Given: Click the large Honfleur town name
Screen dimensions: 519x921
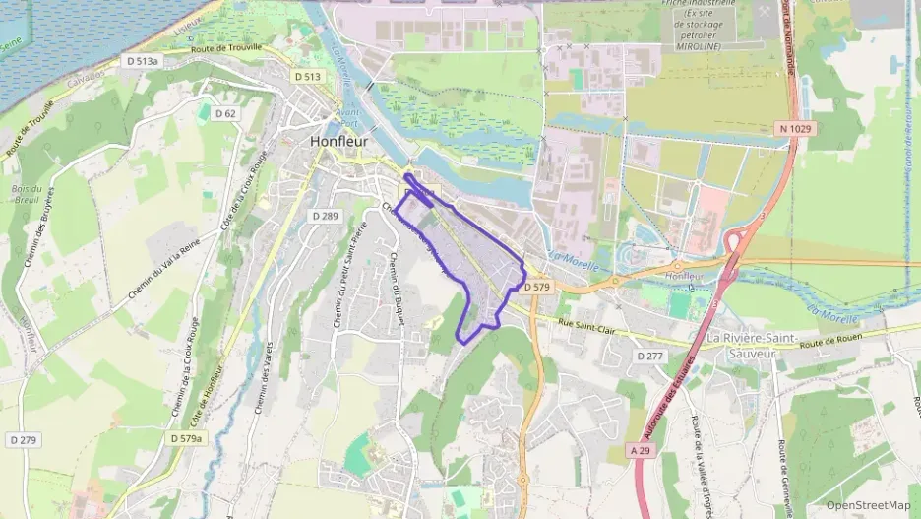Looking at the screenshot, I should (338, 140).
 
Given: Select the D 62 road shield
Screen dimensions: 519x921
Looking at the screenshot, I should (224, 113).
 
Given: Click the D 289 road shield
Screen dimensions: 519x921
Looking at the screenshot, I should (325, 216).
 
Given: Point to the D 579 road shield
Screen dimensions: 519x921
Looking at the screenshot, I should (537, 287).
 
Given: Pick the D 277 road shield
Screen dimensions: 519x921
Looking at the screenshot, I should (649, 356).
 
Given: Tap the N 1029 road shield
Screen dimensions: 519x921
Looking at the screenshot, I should (795, 128).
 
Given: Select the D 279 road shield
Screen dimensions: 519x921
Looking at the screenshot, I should (23, 438).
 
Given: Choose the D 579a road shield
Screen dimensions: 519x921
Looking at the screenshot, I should (186, 438).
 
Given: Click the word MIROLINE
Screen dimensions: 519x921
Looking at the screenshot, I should (699, 46).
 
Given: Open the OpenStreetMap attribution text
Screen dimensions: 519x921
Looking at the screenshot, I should (868, 505).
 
